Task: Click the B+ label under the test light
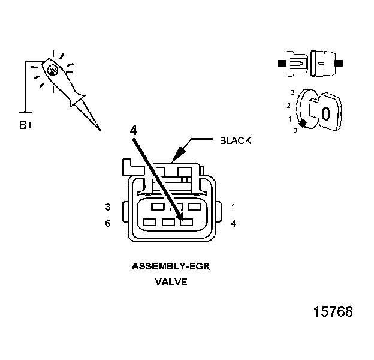[26, 125]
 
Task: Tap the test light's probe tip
[99, 129]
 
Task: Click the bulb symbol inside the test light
[53, 71]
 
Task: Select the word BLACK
[236, 140]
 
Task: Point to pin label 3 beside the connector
[108, 207]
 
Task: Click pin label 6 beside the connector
[108, 223]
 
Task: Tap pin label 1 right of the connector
[233, 207]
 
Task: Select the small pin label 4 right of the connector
[233, 223]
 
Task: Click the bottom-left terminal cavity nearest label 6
[150, 223]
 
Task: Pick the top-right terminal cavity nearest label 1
[193, 207]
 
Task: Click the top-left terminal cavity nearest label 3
[158, 207]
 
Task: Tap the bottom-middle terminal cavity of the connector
[168, 223]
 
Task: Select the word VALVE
[171, 281]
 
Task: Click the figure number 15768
[333, 312]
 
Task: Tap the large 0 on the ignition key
[326, 113]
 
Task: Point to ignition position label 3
[292, 92]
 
